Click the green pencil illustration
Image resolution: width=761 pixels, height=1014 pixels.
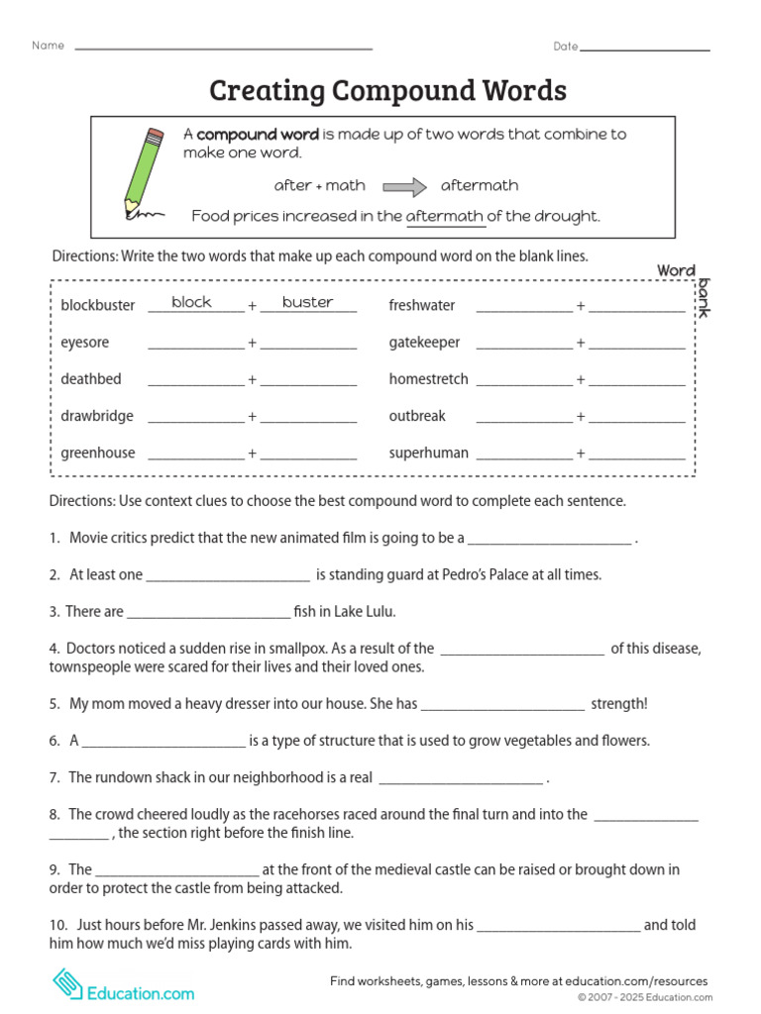142,171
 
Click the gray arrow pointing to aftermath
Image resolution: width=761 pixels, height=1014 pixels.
404,186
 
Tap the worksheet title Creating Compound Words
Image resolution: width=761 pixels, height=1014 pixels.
387,91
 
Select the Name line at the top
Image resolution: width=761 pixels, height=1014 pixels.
223,47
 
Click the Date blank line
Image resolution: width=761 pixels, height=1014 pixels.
645,48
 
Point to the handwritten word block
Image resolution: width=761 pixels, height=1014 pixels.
191,302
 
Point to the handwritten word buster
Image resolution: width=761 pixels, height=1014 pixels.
307,302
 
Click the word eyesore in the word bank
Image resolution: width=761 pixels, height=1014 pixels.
85,343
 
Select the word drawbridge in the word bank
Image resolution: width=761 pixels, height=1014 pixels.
97,416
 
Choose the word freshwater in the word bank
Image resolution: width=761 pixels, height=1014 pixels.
422,305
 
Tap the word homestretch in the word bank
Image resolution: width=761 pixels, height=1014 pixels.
428,379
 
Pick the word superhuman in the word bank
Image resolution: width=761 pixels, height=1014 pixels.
428,453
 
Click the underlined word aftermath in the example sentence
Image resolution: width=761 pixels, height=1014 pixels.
445,216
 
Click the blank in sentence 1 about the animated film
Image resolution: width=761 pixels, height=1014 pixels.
548,540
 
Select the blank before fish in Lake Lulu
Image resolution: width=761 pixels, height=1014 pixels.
208,613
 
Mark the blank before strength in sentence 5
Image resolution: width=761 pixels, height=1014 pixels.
502,705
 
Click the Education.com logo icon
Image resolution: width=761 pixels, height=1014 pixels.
68,984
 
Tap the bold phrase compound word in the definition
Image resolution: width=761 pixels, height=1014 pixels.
258,134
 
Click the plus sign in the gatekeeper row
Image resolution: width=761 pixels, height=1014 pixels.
581,343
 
